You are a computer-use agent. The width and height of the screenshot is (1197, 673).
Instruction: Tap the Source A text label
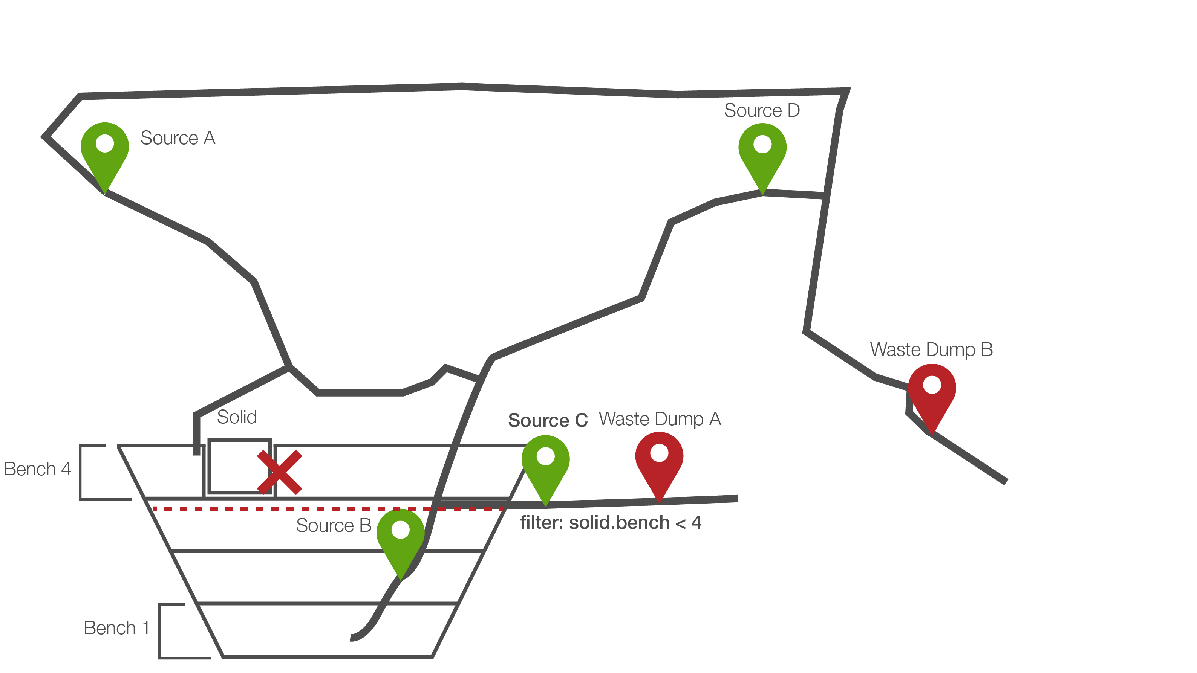click(x=178, y=138)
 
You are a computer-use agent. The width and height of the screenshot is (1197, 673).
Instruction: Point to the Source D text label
click(x=762, y=111)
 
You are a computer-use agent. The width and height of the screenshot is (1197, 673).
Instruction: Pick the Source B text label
click(x=333, y=525)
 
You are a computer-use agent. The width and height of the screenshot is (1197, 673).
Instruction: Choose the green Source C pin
click(x=545, y=462)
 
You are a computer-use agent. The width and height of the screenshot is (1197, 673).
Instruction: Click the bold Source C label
click(x=548, y=420)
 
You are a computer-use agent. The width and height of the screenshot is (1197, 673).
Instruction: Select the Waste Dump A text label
click(x=660, y=419)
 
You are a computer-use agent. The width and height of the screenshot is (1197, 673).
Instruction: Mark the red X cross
click(x=279, y=472)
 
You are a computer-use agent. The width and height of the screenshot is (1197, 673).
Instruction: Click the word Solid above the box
click(x=237, y=417)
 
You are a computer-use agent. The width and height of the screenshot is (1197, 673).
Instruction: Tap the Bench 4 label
click(x=37, y=469)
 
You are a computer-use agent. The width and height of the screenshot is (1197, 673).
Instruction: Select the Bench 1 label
click(x=116, y=628)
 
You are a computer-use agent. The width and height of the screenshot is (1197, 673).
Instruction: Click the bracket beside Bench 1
click(x=160, y=631)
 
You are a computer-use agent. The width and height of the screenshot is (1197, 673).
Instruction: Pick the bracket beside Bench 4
click(x=81, y=472)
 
